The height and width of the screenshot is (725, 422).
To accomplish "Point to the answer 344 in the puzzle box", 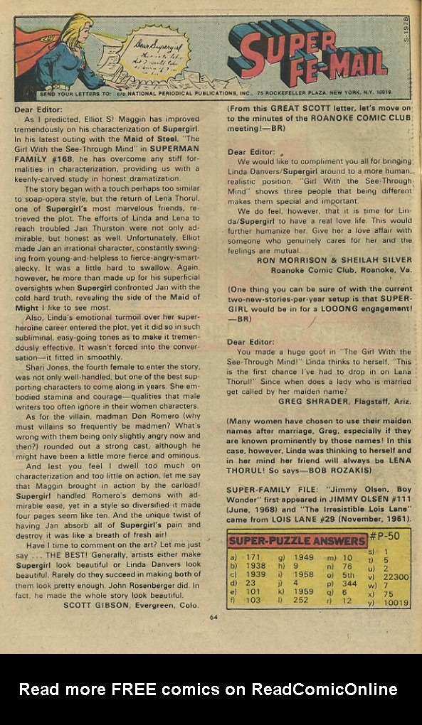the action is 349,584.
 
